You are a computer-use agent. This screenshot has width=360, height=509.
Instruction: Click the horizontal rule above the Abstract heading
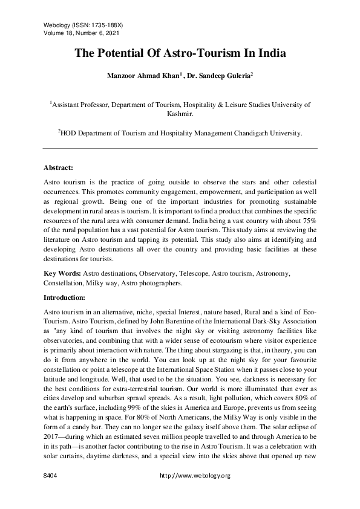180,148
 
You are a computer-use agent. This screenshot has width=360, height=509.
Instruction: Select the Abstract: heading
58,167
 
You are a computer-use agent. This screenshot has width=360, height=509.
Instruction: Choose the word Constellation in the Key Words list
65,283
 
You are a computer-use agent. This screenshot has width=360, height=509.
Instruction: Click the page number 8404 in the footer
50,476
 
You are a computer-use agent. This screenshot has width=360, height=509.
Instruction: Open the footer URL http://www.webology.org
195,476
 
